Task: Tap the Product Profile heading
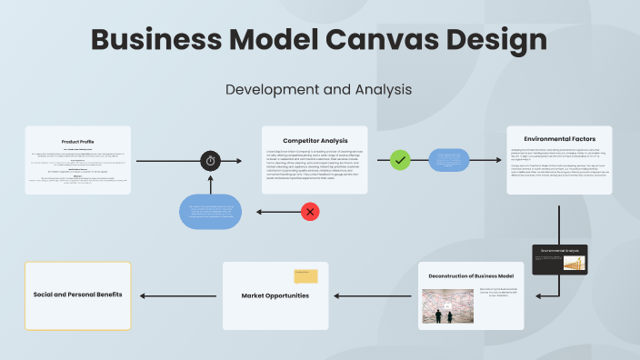[78, 142]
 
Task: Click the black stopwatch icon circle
[211, 161]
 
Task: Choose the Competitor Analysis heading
[315, 140]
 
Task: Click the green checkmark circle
[400, 160]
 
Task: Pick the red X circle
[310, 212]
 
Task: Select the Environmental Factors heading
[558, 139]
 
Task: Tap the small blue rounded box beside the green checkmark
[449, 160]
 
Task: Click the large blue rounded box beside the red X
[210, 212]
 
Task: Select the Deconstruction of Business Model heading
[471, 275]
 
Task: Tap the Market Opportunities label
[275, 295]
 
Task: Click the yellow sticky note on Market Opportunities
[305, 276]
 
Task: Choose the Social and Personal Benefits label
[78, 295]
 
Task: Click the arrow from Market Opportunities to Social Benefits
[177, 295]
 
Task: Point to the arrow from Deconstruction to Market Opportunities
[375, 295]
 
